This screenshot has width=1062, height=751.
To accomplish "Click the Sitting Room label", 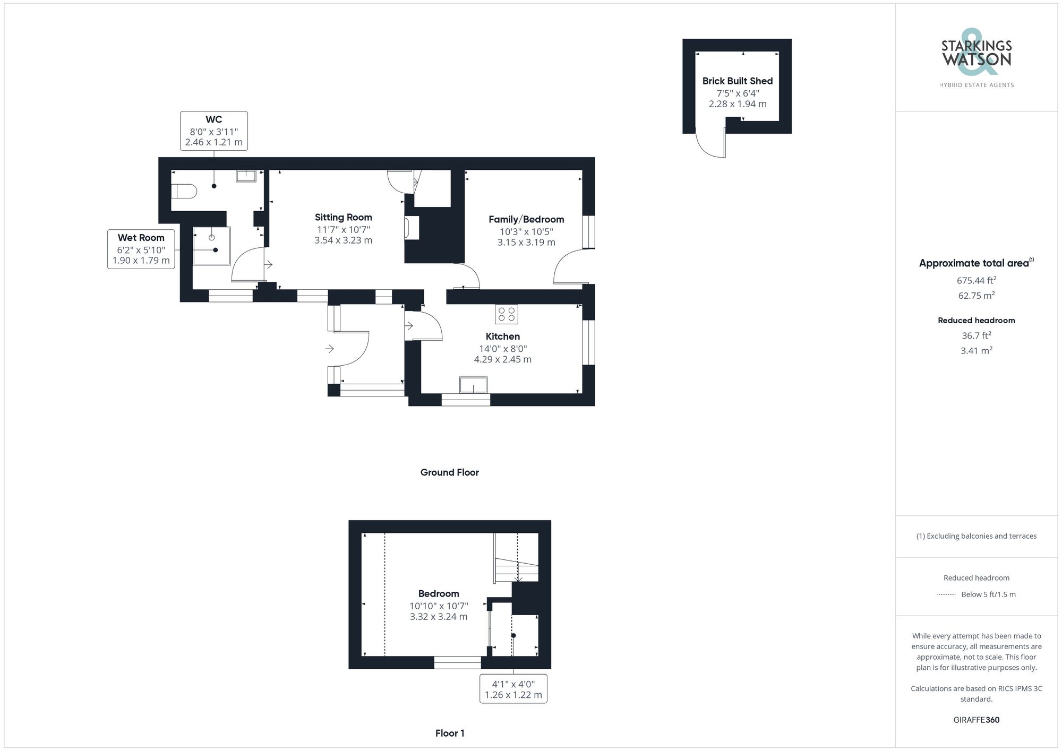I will pyautogui.click(x=343, y=217).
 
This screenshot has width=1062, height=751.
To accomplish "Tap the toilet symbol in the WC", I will pyautogui.click(x=183, y=191).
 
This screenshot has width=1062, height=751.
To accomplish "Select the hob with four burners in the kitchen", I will pyautogui.click(x=506, y=314).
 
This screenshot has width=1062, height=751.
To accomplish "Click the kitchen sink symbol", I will pyautogui.click(x=473, y=385).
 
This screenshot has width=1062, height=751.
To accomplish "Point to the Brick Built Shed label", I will pyautogui.click(x=737, y=81).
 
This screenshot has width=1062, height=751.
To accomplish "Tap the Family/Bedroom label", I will pyautogui.click(x=526, y=219).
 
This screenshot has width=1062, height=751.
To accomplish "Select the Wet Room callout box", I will pyautogui.click(x=141, y=249).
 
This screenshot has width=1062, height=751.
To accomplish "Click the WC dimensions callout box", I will pyautogui.click(x=213, y=131).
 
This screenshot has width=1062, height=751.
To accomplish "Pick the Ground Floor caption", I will pyautogui.click(x=449, y=472).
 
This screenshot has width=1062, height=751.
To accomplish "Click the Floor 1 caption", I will pyautogui.click(x=449, y=733).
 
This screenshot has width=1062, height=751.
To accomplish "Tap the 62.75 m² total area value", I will pyautogui.click(x=976, y=296).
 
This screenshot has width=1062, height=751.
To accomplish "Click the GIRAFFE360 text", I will pyautogui.click(x=976, y=720).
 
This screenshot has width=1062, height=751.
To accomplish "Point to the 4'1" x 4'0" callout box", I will pyautogui.click(x=513, y=689).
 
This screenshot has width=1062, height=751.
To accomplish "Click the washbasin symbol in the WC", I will pyautogui.click(x=246, y=176).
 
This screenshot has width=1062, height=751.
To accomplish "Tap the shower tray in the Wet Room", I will pyautogui.click(x=211, y=245).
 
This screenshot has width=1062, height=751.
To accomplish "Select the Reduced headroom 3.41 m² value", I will pyautogui.click(x=976, y=350).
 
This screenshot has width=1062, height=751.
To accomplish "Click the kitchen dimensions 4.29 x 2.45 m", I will pyautogui.click(x=502, y=359).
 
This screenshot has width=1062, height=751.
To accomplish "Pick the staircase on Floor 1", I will pyautogui.click(x=516, y=557).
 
